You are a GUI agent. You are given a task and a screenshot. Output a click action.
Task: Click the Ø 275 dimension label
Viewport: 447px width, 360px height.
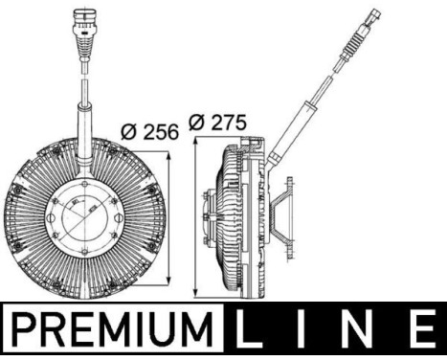tap(217, 123)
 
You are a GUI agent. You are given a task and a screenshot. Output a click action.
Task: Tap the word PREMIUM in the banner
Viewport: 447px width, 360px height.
tap(113, 333)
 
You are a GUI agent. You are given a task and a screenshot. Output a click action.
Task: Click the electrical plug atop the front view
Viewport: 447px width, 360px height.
tap(80, 28)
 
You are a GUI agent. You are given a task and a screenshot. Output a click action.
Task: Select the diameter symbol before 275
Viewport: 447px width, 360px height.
tap(196, 123)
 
